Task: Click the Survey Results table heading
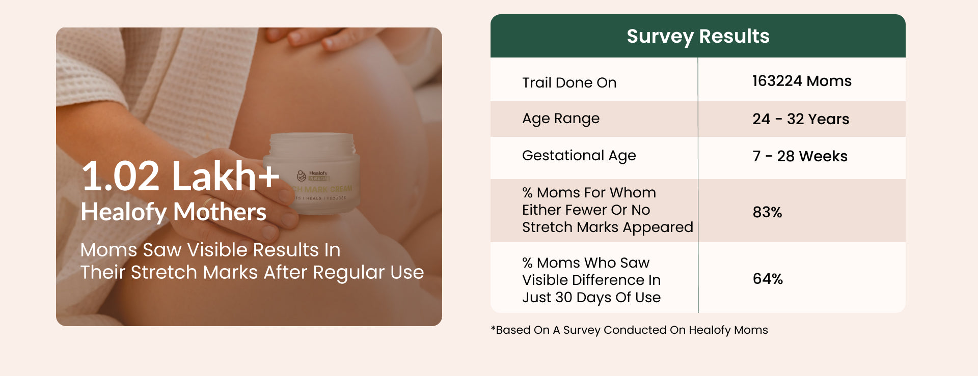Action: coord(698,37)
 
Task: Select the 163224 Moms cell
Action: coord(802,81)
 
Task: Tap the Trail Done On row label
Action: coord(569,82)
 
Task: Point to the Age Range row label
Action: coord(561,119)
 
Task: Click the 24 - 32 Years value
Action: coord(801,119)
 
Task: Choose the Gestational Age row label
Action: coord(579,156)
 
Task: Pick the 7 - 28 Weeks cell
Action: coord(800,156)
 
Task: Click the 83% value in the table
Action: coord(767,212)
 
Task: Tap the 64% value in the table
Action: coord(768,279)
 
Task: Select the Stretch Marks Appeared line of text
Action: coord(608,227)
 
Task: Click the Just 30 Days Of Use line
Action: coord(591,297)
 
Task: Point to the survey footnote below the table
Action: coord(629,330)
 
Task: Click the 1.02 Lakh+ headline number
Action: coord(180,176)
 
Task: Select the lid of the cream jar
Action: coord(312,145)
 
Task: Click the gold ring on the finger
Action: coord(208,202)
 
